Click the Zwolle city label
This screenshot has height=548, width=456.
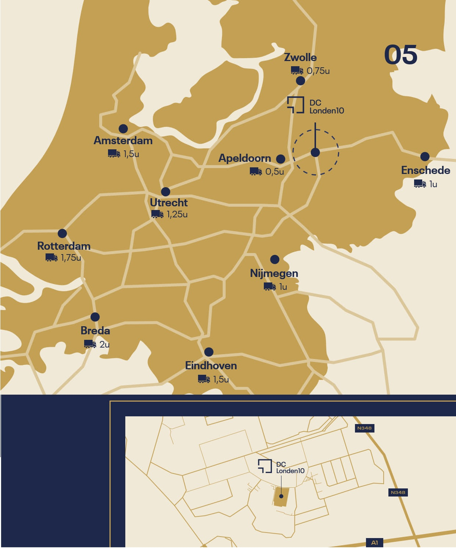coord(300,57)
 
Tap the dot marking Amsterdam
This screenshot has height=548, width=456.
coord(123,129)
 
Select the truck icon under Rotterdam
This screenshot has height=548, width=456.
coord(51,257)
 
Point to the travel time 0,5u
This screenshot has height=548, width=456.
coord(274,171)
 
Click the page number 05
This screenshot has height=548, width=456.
coord(401,55)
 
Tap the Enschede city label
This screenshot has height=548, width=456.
coord(426,170)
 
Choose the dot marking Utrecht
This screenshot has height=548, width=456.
coord(165,192)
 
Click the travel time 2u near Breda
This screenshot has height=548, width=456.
coord(104,344)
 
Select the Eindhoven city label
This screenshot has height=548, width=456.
coord(211,366)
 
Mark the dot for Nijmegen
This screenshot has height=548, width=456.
coord(274,259)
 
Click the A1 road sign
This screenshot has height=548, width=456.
coord(374,542)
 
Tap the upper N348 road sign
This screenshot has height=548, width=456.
coord(364,428)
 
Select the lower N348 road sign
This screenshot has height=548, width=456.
coord(398,492)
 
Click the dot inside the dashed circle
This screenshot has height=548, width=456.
coord(315,152)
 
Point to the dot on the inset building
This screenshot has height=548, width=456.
coord(281,496)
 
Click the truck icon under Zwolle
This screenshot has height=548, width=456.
coord(297,70)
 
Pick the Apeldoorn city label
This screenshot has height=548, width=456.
coord(245,158)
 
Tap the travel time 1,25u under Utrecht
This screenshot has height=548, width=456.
coord(177,214)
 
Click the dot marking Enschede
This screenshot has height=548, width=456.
coord(425,156)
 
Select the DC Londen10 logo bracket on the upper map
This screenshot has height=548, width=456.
coord(295,105)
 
